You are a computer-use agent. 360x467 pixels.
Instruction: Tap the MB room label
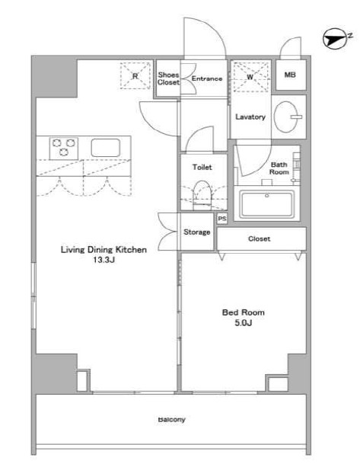point(290,75)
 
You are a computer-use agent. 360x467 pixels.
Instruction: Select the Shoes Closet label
point(169,78)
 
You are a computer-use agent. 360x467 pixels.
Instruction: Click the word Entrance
point(207,78)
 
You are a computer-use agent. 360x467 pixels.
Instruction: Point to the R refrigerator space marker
point(135,76)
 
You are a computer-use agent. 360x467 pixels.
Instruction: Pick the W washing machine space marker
point(250,77)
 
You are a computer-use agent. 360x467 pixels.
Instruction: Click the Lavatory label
point(250,117)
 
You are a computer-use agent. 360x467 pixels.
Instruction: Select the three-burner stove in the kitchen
point(64,148)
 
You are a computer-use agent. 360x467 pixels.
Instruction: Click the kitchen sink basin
point(106,148)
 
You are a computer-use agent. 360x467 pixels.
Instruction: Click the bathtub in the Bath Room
point(267,205)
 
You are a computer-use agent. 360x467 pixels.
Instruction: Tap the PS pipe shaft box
point(222,219)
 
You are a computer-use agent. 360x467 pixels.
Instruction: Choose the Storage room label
point(196,232)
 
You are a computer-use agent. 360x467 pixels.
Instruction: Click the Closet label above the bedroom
point(259,238)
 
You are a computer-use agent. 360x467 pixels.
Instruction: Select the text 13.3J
point(104,260)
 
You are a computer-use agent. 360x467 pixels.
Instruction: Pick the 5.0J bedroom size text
point(244,323)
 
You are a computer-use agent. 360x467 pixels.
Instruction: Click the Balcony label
point(172,420)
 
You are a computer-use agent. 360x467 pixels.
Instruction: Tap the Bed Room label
point(244,312)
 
